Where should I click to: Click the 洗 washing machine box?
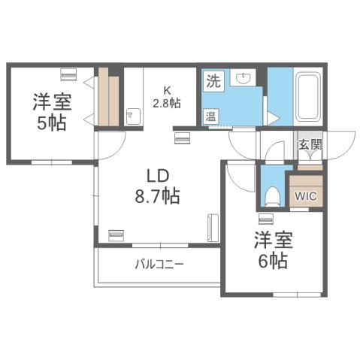pyautogui.click(x=213, y=81)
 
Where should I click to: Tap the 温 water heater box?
pyautogui.click(x=213, y=116)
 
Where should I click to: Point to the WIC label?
pyautogui.click(x=306, y=197)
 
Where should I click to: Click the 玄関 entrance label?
pyautogui.click(x=310, y=144)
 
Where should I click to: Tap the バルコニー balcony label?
pyautogui.click(x=159, y=265)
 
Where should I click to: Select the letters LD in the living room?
pyautogui.click(x=156, y=177)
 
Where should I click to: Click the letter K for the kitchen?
pyautogui.click(x=167, y=90)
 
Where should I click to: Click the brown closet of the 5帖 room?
pyautogui.click(x=109, y=98)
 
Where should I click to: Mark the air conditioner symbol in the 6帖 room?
pyautogui.click(x=265, y=219)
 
